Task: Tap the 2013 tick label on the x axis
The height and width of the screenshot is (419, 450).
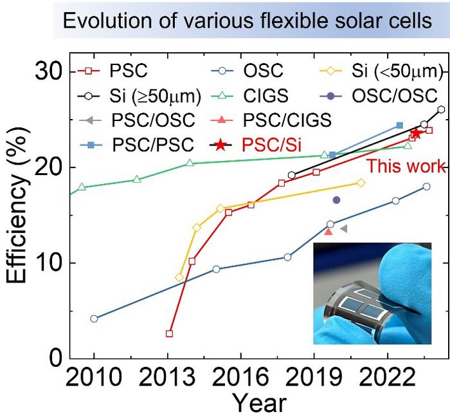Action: (x=168, y=375)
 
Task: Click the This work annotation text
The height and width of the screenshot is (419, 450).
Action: (x=406, y=167)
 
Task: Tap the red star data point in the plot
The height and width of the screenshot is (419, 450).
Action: (x=416, y=133)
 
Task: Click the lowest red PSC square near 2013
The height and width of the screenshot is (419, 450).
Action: (x=169, y=333)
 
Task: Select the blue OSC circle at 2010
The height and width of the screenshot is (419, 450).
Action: (x=94, y=319)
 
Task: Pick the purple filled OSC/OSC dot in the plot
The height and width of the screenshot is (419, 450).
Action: (x=336, y=200)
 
